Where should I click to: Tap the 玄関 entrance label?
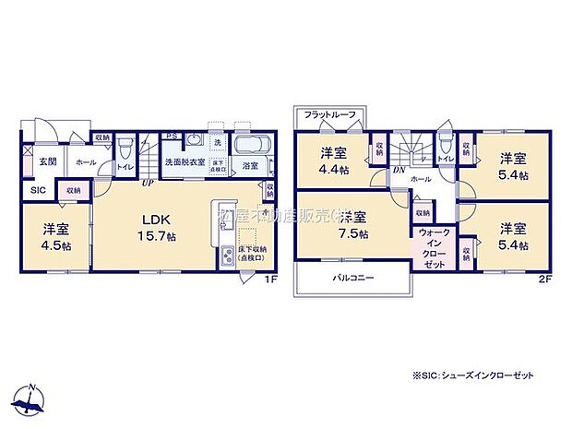point(47,161)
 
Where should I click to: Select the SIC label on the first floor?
point(38,190)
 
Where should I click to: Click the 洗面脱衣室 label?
point(185,162)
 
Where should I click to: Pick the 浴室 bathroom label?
point(250,166)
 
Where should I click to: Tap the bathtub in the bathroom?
point(249,146)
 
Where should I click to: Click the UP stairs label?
point(147,182)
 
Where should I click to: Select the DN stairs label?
point(399,170)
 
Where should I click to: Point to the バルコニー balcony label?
point(352,277)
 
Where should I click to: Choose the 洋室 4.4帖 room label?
point(333,160)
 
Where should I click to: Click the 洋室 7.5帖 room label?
point(353,226)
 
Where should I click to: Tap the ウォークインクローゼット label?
point(433,246)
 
